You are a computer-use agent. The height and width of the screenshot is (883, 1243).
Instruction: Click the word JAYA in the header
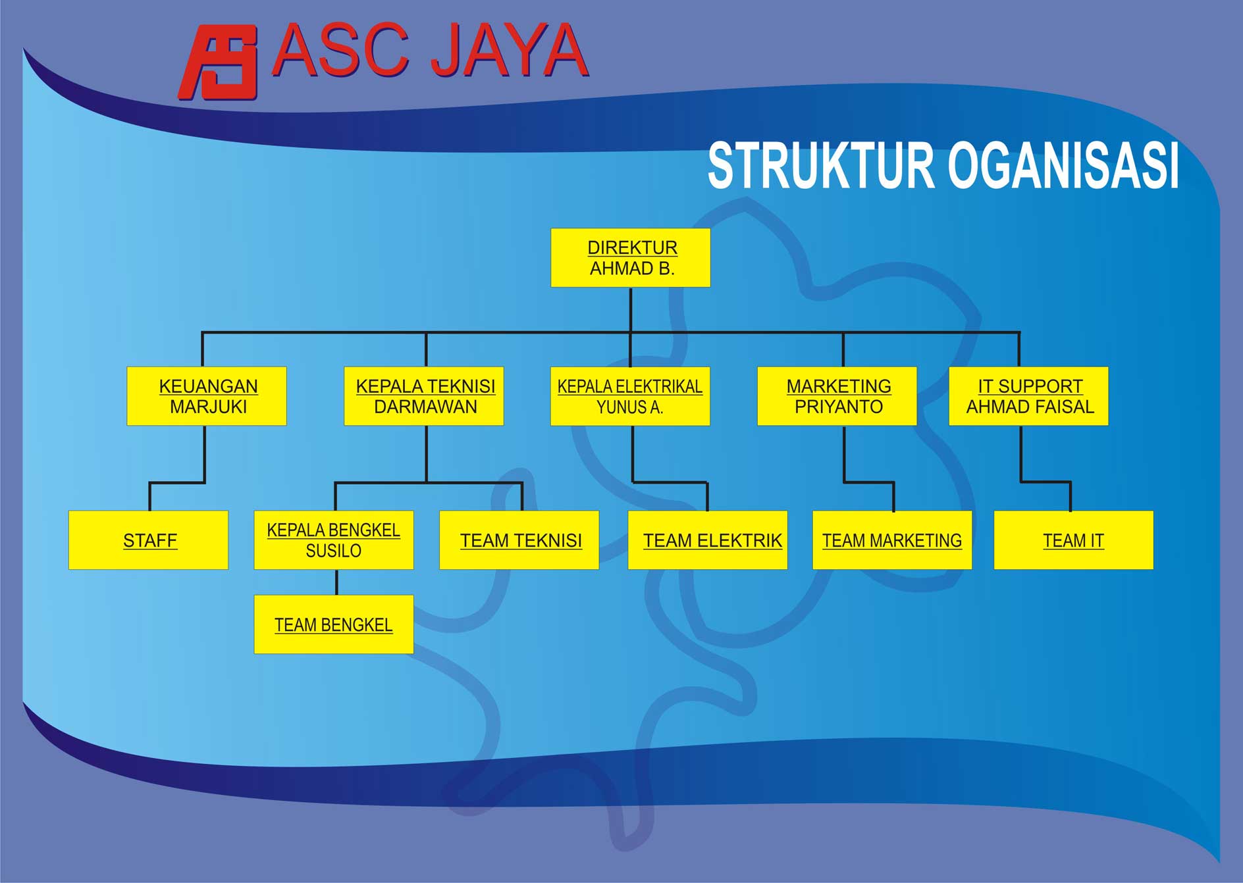pos(509,51)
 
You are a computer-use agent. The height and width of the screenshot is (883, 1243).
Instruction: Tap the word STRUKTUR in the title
pos(820,166)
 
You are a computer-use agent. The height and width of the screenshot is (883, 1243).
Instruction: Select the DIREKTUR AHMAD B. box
pos(630,258)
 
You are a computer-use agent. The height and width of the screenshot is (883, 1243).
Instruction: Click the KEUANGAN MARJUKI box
pos(207,396)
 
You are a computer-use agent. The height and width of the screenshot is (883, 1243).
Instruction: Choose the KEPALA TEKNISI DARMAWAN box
pos(424,396)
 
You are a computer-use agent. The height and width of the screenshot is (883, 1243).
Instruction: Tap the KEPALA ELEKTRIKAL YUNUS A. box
pos(630,396)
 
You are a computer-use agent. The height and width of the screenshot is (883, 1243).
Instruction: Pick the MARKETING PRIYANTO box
pos(837,396)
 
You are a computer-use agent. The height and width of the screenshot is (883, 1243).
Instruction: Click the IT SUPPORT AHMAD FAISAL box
pos(1028,396)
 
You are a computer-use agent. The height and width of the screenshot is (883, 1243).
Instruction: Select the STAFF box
pos(149,540)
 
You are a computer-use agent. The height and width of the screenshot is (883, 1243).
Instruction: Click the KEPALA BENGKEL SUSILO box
pos(334,540)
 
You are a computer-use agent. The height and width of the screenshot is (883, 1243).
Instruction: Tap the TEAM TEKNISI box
pos(519,540)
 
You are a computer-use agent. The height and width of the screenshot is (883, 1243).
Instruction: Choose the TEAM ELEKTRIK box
pos(708,540)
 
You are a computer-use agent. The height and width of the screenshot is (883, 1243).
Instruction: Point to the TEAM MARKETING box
pos(892,540)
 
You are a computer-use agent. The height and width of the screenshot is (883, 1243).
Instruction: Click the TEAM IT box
pos(1074,540)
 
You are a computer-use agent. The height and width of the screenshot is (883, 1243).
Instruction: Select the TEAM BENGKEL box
pos(334,624)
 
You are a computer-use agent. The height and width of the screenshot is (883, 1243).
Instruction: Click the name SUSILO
pos(334,551)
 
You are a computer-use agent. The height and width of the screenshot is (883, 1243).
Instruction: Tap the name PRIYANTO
pos(838,407)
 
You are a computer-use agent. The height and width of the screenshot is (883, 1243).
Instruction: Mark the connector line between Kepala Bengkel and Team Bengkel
pos(336,582)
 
